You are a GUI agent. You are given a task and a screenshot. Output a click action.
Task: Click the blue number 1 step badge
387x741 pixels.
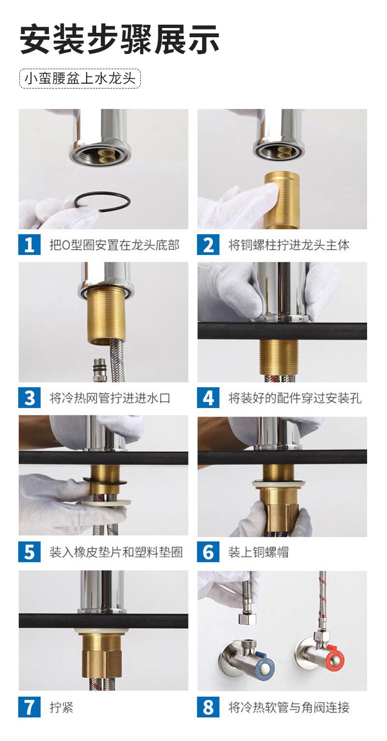tap(30, 245)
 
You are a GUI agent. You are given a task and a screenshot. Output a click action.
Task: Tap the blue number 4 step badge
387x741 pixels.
tap(208, 398)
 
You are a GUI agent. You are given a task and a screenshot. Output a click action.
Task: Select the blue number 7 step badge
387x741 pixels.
tap(30, 707)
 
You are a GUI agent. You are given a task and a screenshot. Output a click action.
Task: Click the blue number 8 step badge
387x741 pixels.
tap(208, 707)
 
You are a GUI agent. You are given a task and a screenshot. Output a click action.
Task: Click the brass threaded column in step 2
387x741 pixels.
tap(282, 200)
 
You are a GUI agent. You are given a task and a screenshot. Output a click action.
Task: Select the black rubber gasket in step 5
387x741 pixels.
tap(104, 481)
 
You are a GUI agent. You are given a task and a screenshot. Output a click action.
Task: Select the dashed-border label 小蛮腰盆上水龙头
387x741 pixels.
tap(80, 79)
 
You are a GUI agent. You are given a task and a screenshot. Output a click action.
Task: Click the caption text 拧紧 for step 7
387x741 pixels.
tap(61, 707)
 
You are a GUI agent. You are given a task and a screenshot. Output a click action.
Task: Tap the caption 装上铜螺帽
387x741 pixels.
tap(258, 552)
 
